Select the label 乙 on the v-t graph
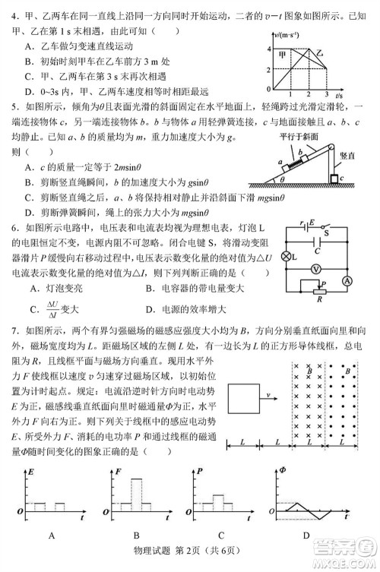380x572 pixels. [x=321, y=55]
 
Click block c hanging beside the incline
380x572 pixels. [x=334, y=179]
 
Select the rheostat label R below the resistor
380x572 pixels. [x=319, y=299]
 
